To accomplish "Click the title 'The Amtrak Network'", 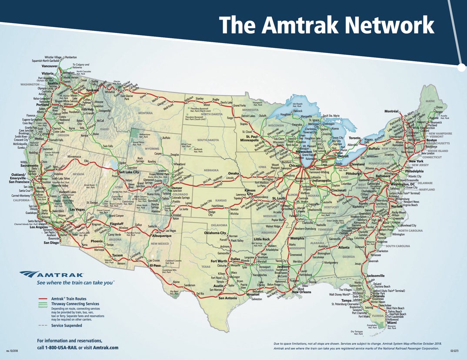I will point(327,25).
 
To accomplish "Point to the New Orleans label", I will point(302,292).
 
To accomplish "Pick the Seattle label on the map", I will point(53,83).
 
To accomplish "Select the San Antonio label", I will point(227,298).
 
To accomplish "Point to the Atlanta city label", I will point(344,247).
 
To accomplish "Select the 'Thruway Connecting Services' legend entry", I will point(75,304).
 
